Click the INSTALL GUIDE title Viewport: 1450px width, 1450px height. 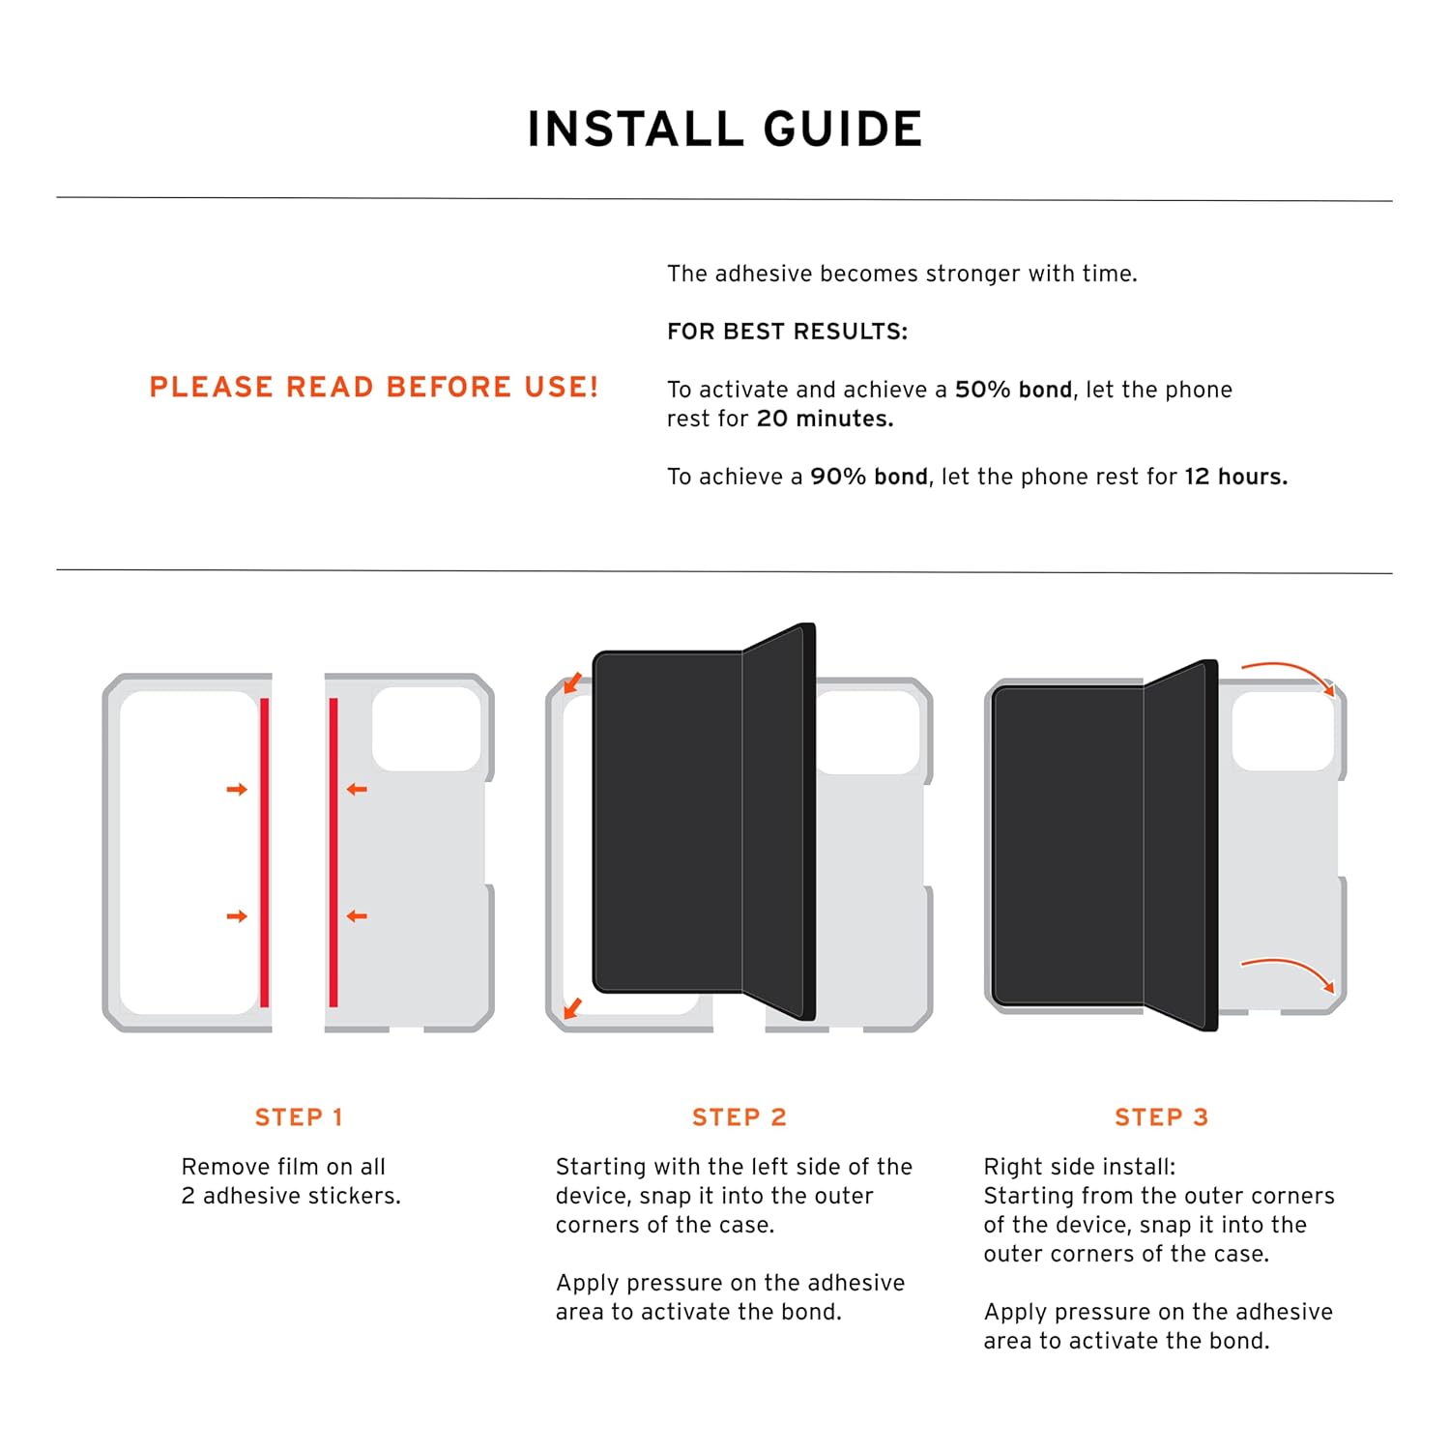tap(725, 130)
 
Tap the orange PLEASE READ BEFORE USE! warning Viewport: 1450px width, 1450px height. tap(374, 388)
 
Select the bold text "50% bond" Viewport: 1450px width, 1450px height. tap(1013, 390)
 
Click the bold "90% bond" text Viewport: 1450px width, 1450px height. tap(868, 477)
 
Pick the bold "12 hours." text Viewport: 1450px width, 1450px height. tap(1235, 477)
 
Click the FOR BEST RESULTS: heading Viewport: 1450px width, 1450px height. tap(787, 332)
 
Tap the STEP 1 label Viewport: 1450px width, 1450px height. tap(299, 1117)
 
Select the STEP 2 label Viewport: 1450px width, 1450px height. tap(739, 1117)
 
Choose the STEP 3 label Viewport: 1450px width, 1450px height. tap(1161, 1117)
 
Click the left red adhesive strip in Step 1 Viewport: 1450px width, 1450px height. tap(264, 853)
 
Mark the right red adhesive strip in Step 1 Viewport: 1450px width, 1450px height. tap(333, 853)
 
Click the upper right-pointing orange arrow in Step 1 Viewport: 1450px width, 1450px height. tap(237, 790)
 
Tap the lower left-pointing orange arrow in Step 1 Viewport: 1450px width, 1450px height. tap(357, 916)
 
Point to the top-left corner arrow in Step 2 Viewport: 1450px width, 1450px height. tap(572, 683)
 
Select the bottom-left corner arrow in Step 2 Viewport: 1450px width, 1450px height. tap(572, 1008)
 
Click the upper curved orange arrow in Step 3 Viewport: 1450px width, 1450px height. tap(1289, 675)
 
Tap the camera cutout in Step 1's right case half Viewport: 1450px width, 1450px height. tap(426, 729)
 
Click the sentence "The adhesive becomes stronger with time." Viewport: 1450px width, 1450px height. tap(902, 274)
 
